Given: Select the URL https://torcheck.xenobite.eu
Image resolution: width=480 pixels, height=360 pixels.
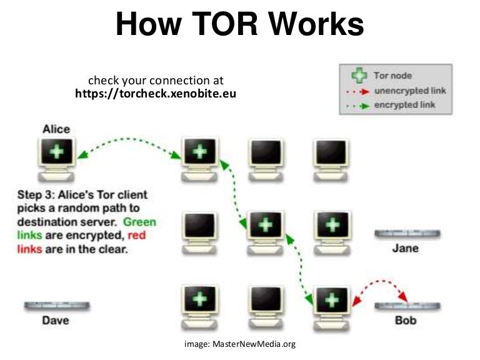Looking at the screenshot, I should (x=155, y=94).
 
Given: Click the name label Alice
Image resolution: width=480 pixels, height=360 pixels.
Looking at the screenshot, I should (x=56, y=129).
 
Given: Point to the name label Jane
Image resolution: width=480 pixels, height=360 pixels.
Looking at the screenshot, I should (x=406, y=248).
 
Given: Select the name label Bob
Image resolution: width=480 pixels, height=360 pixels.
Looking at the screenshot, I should (x=406, y=321).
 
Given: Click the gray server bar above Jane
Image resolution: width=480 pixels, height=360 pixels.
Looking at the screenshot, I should (x=407, y=234).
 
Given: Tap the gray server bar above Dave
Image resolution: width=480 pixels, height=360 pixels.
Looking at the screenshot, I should (x=57, y=306).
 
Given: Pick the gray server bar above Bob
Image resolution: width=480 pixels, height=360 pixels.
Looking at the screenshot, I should (x=407, y=306).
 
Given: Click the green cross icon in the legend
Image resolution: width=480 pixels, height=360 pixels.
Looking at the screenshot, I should (x=358, y=76).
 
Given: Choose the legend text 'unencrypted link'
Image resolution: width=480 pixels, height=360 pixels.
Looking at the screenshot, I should (x=409, y=91).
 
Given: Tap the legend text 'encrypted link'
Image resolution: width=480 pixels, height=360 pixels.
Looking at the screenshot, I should (x=404, y=104).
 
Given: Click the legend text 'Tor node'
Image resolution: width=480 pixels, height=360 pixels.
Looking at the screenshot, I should (x=392, y=76).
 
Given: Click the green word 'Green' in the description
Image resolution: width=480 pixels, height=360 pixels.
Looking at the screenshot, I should (x=139, y=222).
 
